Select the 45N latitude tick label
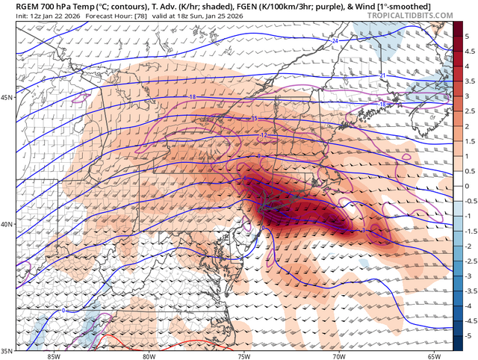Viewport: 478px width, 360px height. pos(8,98)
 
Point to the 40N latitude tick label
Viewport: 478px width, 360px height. pos(8,224)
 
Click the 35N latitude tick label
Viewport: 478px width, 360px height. pos(8,349)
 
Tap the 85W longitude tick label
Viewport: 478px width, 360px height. pos(52,356)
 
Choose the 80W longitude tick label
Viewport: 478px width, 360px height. pos(148,356)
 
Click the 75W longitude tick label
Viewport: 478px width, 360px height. pos(243,356)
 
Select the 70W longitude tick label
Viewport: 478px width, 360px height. pos(339,356)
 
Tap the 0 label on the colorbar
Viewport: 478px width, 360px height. pos(468,186)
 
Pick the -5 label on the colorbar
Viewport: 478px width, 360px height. pos(467,337)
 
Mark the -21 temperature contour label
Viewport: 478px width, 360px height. pos(382,75)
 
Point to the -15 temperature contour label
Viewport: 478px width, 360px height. pos(254,119)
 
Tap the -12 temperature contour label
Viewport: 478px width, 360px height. pos(264,134)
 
